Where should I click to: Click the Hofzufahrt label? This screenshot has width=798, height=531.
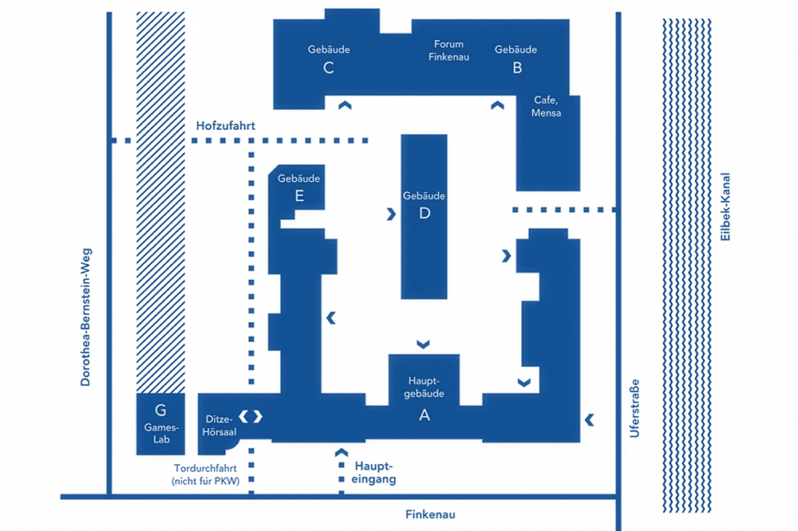[226, 126]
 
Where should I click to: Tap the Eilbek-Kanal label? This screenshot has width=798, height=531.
[725, 206]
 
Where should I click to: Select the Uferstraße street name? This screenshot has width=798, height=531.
[634, 408]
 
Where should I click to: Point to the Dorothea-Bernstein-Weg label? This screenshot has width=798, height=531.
[85, 317]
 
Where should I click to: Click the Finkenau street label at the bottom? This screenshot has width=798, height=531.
[430, 515]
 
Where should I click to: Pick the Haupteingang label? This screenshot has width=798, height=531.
[373, 473]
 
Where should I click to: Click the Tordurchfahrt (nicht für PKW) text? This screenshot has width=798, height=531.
[206, 474]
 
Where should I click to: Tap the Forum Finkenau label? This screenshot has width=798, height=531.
[448, 50]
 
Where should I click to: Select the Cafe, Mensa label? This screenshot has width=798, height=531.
[546, 106]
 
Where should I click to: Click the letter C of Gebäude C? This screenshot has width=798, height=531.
[329, 68]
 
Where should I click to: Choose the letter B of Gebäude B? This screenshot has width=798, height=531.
[517, 68]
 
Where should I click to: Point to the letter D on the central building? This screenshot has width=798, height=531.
[425, 213]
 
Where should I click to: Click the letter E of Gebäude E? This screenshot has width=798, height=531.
[299, 195]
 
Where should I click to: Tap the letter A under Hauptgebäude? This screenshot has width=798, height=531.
[425, 415]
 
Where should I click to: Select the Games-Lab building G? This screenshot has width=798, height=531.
[160, 423]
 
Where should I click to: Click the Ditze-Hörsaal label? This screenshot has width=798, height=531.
[219, 426]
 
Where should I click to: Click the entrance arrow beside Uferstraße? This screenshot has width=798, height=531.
[590, 419]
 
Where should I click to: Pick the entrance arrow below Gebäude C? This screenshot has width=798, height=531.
[345, 105]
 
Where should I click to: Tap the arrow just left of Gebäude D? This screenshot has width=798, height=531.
[391, 214]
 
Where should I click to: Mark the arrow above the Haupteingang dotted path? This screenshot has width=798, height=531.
[342, 452]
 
